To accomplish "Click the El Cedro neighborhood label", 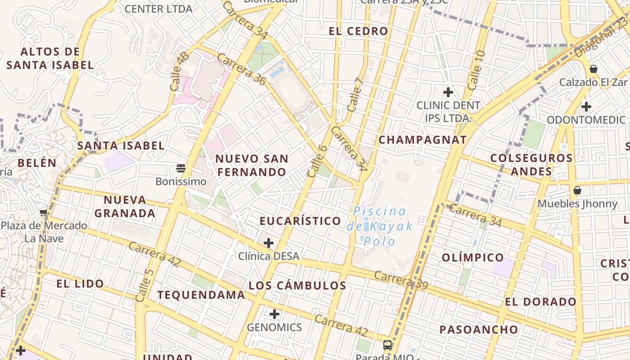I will point(358,31).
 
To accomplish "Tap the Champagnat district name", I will point(423,139).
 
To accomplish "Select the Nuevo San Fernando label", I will point(252,165).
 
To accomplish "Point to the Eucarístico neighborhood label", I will point(300,220).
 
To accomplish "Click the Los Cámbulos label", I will point(297,285).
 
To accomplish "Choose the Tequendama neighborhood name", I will point(201,295).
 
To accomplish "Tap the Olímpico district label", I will point(473,257).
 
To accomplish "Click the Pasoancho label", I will point(479,329).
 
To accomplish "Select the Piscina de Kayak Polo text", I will point(379,226).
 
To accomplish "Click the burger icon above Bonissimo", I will point(181,169).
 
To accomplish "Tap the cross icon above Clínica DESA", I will point(269,243).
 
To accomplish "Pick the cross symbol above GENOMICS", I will point(274,314).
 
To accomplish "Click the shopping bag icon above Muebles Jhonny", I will point(577,191).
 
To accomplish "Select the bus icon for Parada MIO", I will point(387,345).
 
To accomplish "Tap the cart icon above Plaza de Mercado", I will point(44,212).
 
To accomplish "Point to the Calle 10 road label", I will point(477,70).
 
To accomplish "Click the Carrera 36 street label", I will point(242,69).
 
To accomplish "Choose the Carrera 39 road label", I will point(400,279).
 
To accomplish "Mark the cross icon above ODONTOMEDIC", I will point(586,107).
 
